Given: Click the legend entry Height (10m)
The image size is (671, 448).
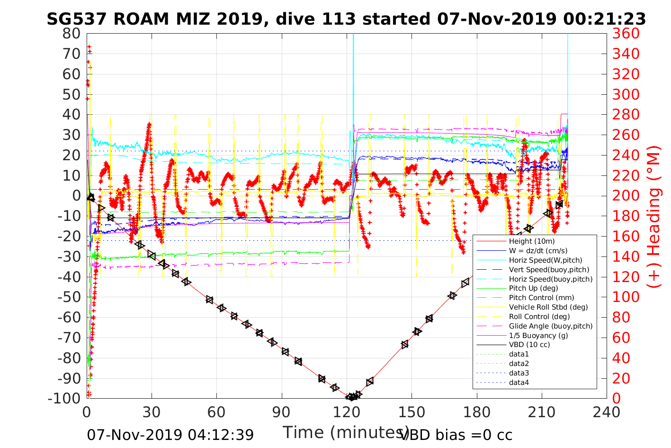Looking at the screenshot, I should click(x=531, y=241).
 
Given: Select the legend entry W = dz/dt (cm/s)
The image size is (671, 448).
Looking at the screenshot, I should click(x=538, y=251).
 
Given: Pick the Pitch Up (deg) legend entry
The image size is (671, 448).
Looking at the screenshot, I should click(x=533, y=288).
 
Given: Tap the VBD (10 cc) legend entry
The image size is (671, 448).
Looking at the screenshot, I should click(x=529, y=345).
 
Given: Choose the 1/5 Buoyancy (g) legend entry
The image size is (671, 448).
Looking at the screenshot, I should click(x=538, y=336).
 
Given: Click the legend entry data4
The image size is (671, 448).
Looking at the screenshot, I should click(x=519, y=383).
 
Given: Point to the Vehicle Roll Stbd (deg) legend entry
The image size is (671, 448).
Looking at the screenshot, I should click(x=548, y=307).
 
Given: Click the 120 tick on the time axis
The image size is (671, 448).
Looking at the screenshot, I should click(x=347, y=412).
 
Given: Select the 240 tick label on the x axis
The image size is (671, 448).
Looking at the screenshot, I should click(x=607, y=412).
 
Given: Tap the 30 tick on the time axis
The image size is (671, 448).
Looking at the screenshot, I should click(x=152, y=412).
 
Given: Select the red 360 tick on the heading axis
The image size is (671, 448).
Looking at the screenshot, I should click(x=626, y=34).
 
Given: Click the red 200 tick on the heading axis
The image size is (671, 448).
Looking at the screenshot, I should click(x=626, y=196).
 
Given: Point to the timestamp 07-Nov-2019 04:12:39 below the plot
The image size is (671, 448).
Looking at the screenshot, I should click(x=170, y=434).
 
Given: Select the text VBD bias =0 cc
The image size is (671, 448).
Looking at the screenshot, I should click(x=456, y=434).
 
